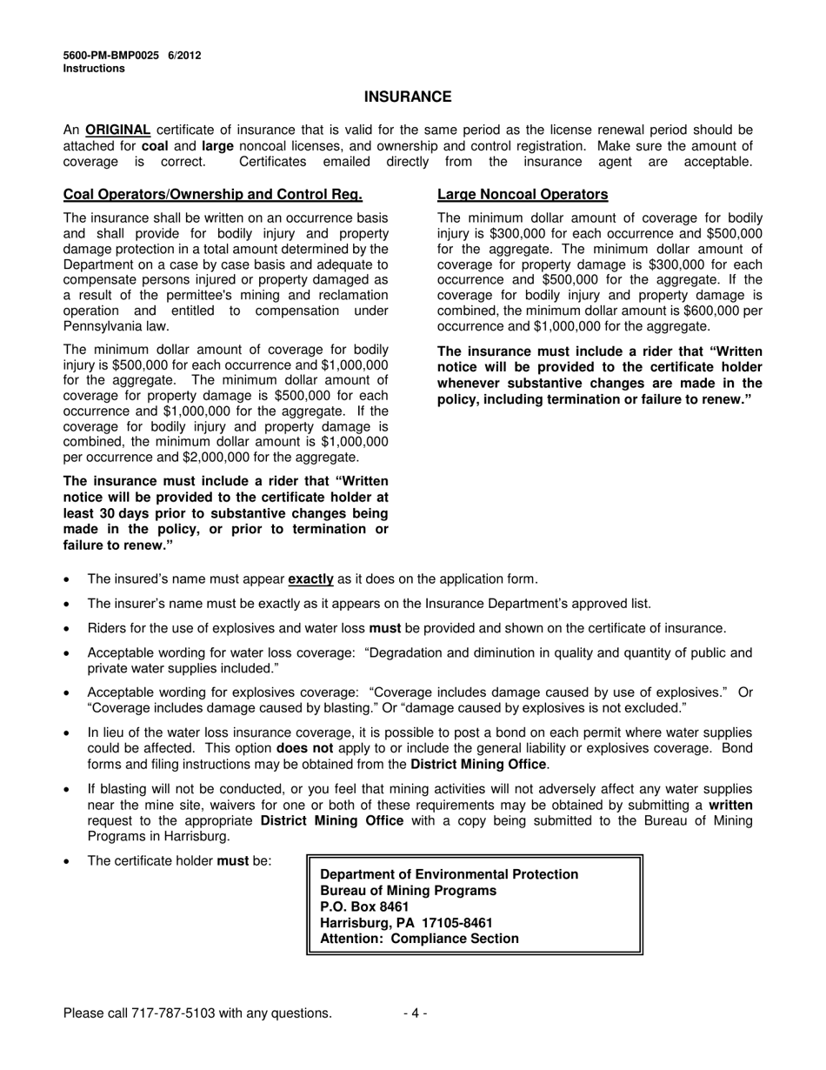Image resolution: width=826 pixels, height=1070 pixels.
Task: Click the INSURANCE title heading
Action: pyautogui.click(x=407, y=97)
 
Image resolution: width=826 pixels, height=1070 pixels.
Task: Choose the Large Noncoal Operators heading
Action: pyautogui.click(x=523, y=194)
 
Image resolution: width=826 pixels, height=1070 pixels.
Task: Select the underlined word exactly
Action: pyautogui.click(x=310, y=578)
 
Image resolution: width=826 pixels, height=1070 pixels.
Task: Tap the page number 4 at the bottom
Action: pyautogui.click(x=415, y=1013)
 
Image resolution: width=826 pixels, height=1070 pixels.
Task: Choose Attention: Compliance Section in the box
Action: pyautogui.click(x=419, y=939)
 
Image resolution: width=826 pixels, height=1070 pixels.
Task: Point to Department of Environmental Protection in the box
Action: pyautogui.click(x=449, y=874)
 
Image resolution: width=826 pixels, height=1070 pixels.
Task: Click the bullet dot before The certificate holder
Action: pyautogui.click(x=69, y=861)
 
